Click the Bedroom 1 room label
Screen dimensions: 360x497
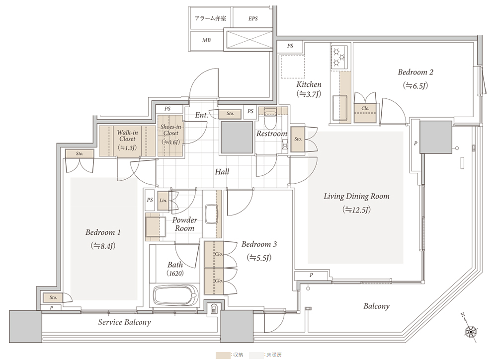[x=103, y=232]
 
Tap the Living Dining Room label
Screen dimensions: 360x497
[x=356, y=197]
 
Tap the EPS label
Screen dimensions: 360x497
[x=252, y=19]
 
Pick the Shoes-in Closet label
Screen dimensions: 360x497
[x=170, y=130]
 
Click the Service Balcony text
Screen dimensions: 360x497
[x=124, y=322]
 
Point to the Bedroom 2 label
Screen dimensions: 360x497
[x=415, y=72]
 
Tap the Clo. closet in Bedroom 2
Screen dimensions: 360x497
[x=365, y=108]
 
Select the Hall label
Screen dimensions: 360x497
[x=222, y=172]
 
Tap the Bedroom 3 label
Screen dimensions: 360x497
[x=259, y=244]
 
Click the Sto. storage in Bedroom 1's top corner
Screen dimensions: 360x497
[x=80, y=154]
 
